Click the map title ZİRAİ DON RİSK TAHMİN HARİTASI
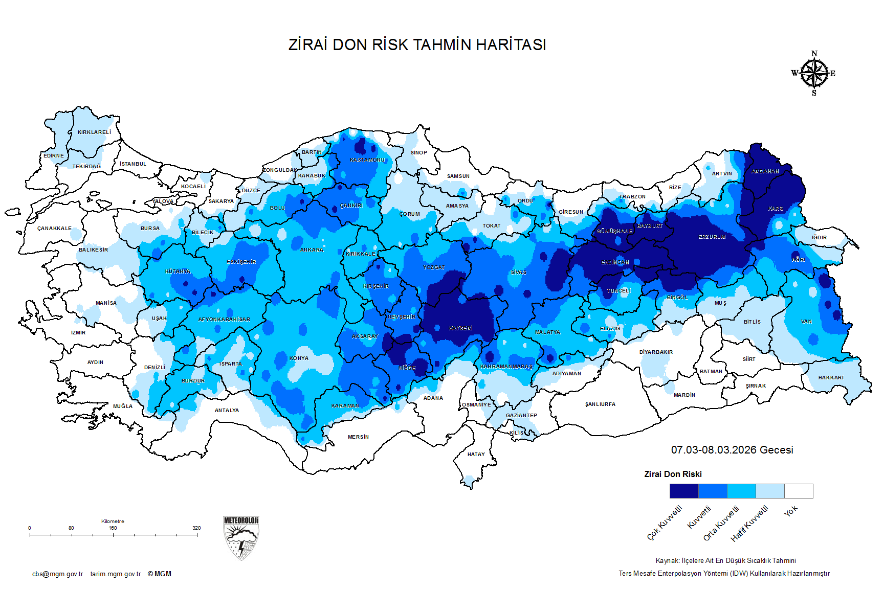click(417, 45)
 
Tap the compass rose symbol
click(814, 74)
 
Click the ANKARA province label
click(312, 250)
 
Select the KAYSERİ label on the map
click(460, 328)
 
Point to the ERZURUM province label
click(712, 237)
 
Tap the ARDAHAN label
click(765, 172)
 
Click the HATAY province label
click(476, 455)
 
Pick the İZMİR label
click(78, 333)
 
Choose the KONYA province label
click(299, 358)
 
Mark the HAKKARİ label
click(831, 378)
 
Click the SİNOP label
click(418, 153)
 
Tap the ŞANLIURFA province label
click(600, 404)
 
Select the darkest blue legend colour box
click(684, 491)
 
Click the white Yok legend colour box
click(799, 491)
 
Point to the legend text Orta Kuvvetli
click(721, 523)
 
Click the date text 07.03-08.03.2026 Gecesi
click(732, 450)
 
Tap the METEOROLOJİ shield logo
click(241, 538)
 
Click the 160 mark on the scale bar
click(113, 528)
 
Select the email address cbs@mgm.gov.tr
click(57, 574)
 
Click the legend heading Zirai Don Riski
click(673, 474)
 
